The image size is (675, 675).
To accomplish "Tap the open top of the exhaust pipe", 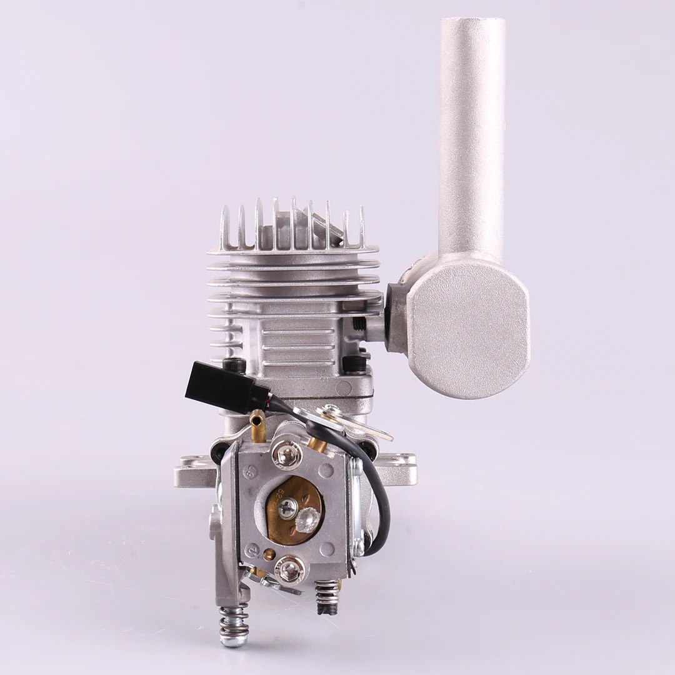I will [472, 25].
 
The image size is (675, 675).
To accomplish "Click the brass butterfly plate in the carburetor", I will [294, 509].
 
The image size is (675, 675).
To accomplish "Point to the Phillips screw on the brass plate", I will [287, 507].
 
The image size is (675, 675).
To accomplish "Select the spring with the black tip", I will [327, 597].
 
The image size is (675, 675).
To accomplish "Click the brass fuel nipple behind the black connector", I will [257, 425].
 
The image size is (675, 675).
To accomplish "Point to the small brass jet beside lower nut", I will [269, 554].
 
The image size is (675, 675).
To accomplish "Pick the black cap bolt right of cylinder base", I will [354, 363].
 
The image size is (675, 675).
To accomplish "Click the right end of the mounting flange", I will [403, 469].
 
